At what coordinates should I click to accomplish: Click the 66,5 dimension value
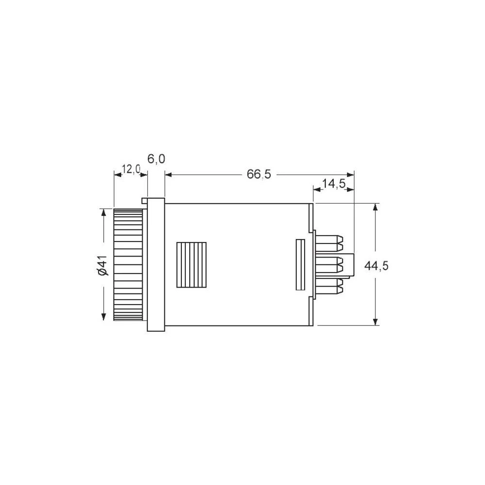coord(259,175)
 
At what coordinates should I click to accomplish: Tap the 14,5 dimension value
coord(334,184)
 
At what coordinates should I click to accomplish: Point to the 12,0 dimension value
coord(130,169)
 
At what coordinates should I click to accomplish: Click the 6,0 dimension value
coord(156,160)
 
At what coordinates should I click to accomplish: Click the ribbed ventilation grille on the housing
coord(191,265)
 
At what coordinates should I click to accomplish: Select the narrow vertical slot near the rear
coord(300,264)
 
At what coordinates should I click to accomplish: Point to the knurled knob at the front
coord(128,264)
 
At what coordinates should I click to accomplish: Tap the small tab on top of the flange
coord(144,200)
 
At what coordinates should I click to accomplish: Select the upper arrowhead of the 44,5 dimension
coord(375,207)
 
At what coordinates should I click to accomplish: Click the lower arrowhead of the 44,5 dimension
coord(375,322)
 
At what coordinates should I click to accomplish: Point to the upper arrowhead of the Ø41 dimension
coord(103,212)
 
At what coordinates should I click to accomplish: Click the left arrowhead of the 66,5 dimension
coord(169,175)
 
